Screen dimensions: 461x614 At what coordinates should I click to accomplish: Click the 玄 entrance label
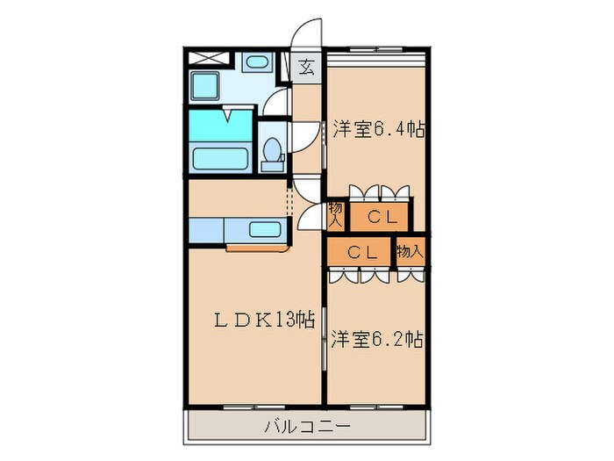tap(308, 66)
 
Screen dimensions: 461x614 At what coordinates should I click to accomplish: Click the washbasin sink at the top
tap(255, 63)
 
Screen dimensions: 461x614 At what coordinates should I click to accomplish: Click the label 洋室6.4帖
tap(378, 130)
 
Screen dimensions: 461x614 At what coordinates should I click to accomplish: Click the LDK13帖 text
tap(253, 320)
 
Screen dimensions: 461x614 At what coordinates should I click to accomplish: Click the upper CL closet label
tap(382, 217)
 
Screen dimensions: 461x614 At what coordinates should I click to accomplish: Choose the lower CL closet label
tap(361, 252)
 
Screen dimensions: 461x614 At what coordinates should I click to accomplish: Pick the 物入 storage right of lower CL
tap(410, 251)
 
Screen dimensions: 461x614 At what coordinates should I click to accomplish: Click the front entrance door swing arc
tap(307, 33)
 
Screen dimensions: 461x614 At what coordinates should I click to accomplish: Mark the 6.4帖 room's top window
tap(377, 62)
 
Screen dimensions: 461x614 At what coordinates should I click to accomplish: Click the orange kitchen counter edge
tap(253, 249)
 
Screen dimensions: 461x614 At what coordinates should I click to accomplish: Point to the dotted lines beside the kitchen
tap(289, 198)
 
